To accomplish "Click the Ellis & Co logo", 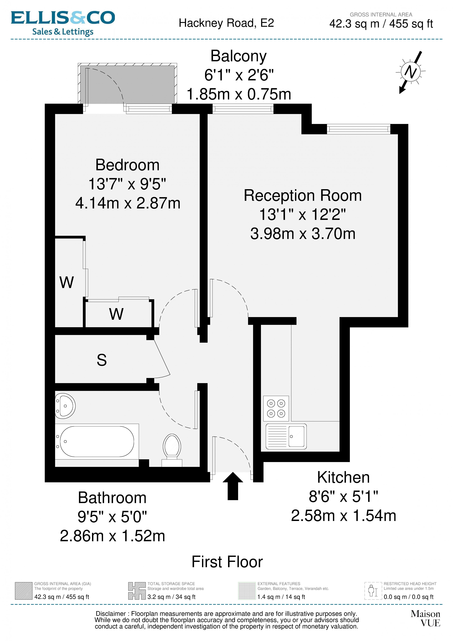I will tap(63, 23).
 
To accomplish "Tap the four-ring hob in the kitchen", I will tap(276, 408).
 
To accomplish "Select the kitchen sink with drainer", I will tap(286, 436).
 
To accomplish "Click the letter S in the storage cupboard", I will tap(102, 360).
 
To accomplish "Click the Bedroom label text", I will tap(127, 165).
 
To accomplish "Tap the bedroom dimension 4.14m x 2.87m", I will tap(128, 203).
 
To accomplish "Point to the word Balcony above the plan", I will tap(239, 56).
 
